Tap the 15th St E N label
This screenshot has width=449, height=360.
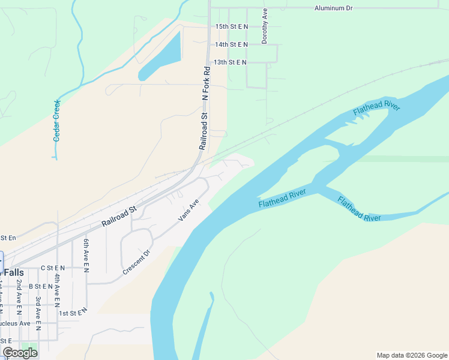click(x=232, y=26)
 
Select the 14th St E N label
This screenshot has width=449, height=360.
click(x=232, y=44)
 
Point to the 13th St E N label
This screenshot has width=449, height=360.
click(x=231, y=62)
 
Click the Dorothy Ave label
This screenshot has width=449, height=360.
click(x=264, y=26)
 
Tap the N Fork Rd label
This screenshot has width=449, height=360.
click(x=206, y=82)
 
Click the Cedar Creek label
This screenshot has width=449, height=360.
click(x=57, y=120)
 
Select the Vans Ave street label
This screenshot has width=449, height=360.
click(x=188, y=211)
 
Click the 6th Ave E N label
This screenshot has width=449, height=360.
click(x=86, y=256)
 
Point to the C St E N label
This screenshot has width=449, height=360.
click(x=52, y=268)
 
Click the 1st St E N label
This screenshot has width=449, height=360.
click(x=73, y=312)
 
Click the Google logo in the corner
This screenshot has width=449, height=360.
click(x=20, y=353)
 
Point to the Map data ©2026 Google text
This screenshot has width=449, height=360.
click(x=411, y=355)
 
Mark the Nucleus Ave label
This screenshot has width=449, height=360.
click(x=15, y=323)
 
